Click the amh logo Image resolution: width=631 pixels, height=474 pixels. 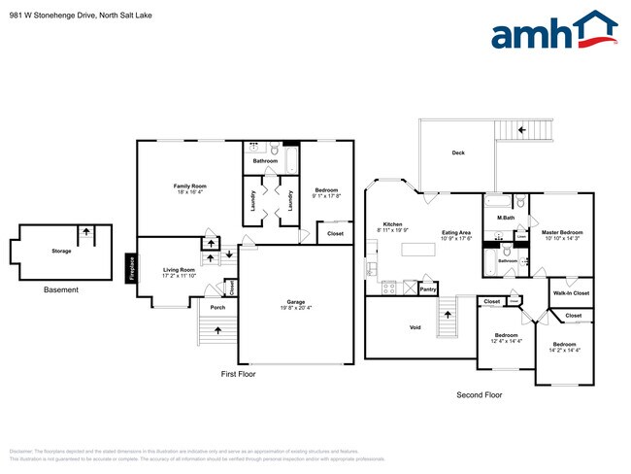click(x=552, y=31)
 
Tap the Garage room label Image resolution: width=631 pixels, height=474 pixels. click(x=295, y=302)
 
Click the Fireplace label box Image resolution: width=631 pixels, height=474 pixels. click(x=131, y=266)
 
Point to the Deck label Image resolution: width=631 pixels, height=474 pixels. click(x=458, y=153)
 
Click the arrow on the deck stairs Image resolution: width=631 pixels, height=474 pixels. click(x=522, y=128)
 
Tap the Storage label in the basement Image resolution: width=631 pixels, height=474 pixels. click(x=61, y=251)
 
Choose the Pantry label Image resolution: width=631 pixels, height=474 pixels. click(x=428, y=288)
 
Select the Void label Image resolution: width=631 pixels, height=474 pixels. click(x=415, y=327)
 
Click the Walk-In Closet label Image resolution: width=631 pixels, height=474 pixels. click(x=571, y=292)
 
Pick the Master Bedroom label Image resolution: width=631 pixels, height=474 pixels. click(x=562, y=232)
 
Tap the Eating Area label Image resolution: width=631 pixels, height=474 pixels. click(x=456, y=233)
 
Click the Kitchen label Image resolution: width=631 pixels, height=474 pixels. click(x=392, y=224)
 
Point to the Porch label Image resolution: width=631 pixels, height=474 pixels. click(x=217, y=308)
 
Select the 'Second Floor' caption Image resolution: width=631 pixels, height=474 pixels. click(x=480, y=394)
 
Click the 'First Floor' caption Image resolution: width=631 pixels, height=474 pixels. click(x=238, y=373)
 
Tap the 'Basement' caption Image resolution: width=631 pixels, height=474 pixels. click(x=61, y=289)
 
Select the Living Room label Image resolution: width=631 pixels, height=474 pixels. click(x=179, y=270)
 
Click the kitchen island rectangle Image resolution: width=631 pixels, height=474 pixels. click(x=420, y=250)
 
